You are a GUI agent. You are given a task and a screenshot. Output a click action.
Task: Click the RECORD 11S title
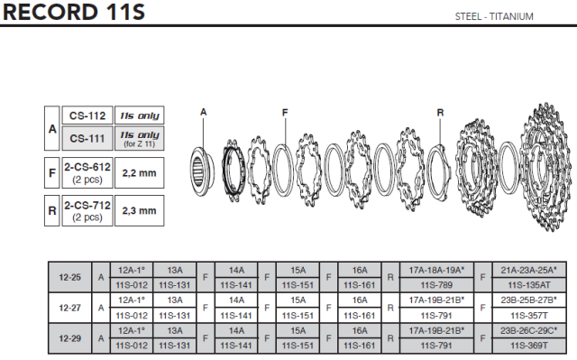click(74, 12)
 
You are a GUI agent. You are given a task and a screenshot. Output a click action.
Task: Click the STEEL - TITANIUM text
click(494, 16)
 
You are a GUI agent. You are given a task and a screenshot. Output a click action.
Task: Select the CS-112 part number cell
click(87, 115)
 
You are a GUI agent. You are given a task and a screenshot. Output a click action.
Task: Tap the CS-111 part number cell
click(87, 138)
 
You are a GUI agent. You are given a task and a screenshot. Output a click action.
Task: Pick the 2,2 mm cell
click(140, 173)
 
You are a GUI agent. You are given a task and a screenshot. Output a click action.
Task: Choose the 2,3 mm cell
click(140, 210)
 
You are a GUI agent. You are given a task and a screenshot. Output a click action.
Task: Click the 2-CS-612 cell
click(87, 173)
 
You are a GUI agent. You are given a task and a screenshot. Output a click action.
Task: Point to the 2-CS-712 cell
click(87, 210)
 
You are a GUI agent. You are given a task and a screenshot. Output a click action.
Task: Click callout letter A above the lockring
click(204, 112)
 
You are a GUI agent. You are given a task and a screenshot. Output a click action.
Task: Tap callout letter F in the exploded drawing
click(285, 113)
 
